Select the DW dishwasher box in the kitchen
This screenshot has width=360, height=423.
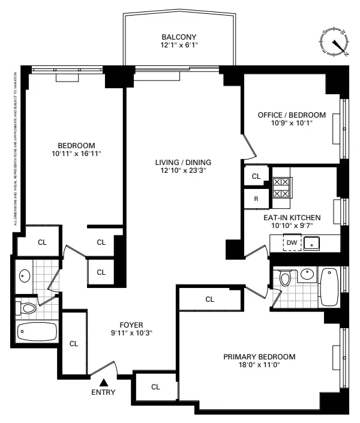[x=292, y=242]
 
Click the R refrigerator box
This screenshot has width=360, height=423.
[x=256, y=199]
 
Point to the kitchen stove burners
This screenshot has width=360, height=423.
[x=281, y=187]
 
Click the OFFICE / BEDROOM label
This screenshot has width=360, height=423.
[x=292, y=115]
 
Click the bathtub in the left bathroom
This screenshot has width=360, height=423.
[x=37, y=331]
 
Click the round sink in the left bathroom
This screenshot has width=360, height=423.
[x=24, y=277]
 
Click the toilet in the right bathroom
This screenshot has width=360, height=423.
[x=286, y=278]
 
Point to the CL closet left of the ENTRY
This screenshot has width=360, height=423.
[x=74, y=344]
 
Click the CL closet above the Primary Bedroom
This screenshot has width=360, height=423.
[x=209, y=299]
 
